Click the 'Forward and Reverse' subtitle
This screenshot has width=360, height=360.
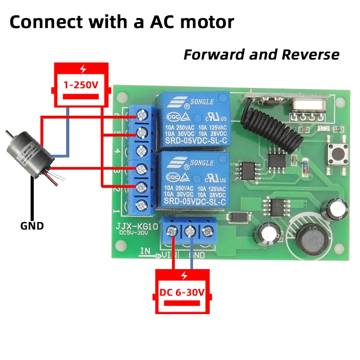[261, 55]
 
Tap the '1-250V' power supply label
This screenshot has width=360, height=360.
[81, 84]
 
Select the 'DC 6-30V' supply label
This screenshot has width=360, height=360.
[182, 292]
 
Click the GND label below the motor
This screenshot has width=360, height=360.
[32, 226]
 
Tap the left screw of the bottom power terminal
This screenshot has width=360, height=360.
[172, 232]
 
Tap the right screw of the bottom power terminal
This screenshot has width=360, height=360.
[207, 232]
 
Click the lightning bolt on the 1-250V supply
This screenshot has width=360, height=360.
[82, 69]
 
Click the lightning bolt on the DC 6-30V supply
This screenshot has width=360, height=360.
[183, 276]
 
